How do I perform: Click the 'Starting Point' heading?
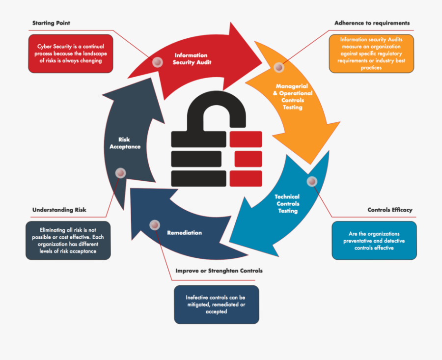[51, 23]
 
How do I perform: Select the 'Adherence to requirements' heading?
[372, 23]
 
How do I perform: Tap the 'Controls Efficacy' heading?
[390, 210]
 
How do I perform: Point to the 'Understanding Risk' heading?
[59, 210]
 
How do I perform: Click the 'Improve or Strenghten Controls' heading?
[219, 271]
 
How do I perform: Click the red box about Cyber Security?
[70, 54]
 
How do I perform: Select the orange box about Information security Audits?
[371, 54]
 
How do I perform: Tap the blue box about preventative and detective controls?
[374, 241]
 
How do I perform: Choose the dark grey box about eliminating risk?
[68, 241]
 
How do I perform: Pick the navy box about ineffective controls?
[217, 305]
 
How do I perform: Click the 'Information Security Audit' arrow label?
[192, 58]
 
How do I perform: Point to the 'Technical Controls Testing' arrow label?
[287, 203]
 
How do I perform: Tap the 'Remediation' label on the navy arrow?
[184, 233]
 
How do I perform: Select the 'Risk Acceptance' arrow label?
[125, 143]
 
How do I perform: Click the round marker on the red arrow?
[158, 62]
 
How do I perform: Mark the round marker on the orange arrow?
[279, 67]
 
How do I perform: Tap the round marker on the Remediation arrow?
[155, 225]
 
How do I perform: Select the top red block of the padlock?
[246, 139]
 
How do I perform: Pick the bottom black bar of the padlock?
[199, 178]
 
